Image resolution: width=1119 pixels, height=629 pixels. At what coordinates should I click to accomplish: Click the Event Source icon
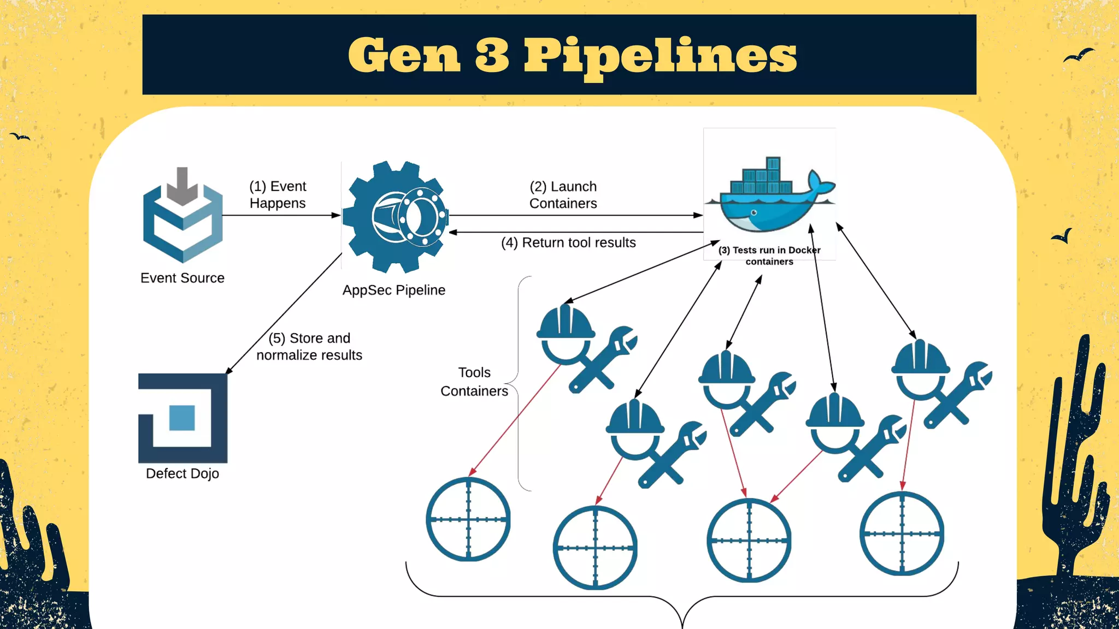coord(182,218)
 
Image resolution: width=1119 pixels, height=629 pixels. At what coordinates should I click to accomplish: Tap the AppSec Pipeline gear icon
coord(396,217)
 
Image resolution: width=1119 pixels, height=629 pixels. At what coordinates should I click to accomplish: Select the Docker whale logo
coord(769,197)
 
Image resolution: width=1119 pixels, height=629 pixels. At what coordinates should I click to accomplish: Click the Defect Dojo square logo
coord(182,418)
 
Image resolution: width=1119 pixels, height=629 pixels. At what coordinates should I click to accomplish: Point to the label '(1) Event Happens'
coord(278,195)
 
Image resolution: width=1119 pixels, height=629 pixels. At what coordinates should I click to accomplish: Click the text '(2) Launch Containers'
coord(563,195)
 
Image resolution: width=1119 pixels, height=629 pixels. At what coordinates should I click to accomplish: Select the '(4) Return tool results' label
coord(568,242)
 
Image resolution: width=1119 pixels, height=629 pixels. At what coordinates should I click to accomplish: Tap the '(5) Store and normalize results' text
coord(309,347)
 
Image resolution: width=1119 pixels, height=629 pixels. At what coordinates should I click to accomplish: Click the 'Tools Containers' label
coord(474,382)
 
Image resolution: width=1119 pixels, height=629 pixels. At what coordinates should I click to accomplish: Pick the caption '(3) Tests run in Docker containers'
coord(769,256)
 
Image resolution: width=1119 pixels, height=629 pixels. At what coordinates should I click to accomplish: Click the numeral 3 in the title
coord(492,55)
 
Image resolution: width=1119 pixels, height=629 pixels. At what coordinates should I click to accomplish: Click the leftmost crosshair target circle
coord(468,519)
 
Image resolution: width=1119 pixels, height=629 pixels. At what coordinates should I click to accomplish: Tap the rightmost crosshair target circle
coord(902,533)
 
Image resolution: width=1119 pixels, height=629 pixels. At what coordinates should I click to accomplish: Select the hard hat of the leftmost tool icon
coord(566,322)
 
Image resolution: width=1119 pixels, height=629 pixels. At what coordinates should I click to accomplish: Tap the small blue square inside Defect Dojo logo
coord(182,418)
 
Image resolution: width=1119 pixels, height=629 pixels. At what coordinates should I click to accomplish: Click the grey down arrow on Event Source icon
coord(182,186)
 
